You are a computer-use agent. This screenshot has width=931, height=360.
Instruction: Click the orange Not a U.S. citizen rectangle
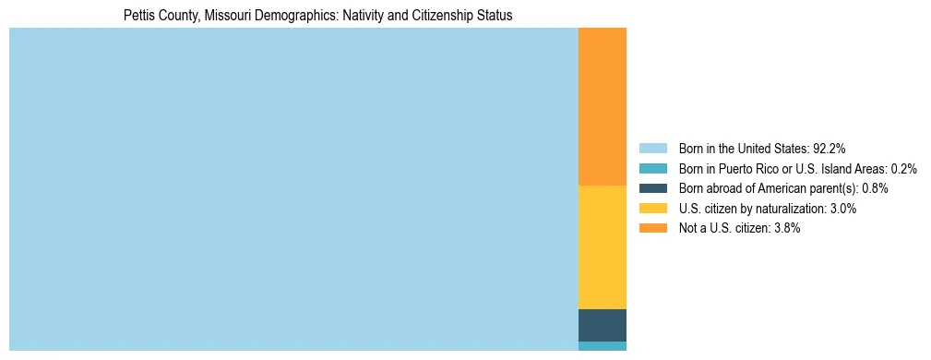(602, 107)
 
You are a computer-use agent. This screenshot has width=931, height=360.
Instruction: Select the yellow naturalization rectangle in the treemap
(602, 247)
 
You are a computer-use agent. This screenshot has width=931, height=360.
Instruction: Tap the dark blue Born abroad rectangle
(602, 325)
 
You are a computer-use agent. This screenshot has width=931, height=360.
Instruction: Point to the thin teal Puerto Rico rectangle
(602, 346)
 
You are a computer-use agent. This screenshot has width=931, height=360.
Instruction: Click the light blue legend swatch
(652, 148)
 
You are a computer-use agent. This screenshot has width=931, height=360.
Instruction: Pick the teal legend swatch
(652, 168)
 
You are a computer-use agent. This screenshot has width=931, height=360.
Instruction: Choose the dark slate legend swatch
(652, 188)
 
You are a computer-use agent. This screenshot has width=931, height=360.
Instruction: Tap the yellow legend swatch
(652, 209)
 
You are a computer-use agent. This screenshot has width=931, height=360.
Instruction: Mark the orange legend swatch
(652, 228)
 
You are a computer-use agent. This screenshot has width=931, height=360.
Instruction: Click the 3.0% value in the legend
(841, 209)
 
